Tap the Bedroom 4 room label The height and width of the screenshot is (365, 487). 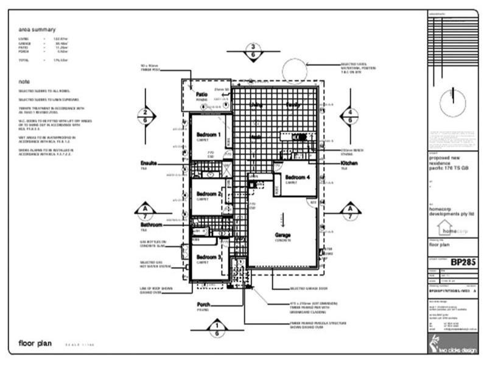coord(298,177)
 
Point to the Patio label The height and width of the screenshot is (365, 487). coord(202,94)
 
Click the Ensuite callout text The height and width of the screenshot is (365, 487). coord(149,163)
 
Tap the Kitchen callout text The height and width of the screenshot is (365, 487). coord(349,164)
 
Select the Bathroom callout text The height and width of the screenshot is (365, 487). coord(152,225)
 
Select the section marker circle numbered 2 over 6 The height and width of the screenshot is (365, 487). coord(144,115)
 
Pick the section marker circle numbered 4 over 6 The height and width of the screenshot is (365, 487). coord(350,115)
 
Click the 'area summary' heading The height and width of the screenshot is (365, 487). coord(37,29)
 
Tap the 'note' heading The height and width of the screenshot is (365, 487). coord(24,82)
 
